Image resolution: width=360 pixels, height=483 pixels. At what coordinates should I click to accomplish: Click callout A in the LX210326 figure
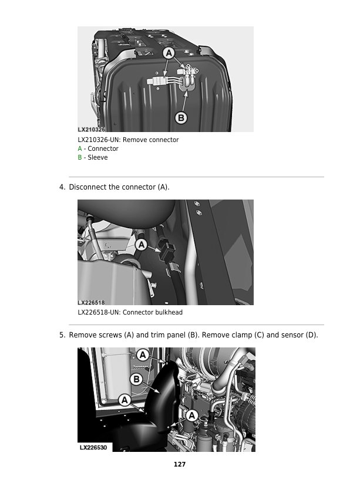[169, 53]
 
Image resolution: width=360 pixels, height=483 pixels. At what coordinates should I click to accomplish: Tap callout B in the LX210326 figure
[181, 118]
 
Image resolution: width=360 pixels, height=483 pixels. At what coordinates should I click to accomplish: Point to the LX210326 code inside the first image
[91, 129]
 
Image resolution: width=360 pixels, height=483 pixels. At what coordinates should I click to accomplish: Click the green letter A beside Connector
[80, 149]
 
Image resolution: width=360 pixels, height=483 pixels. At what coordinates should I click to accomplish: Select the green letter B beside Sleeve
[80, 158]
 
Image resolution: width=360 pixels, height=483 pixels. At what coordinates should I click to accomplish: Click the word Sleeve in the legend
[97, 158]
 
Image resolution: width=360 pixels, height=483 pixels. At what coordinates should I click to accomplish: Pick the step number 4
[62, 187]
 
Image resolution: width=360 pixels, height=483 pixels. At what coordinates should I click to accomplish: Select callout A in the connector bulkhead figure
[141, 244]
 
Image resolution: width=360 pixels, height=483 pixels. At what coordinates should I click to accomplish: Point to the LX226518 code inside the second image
[91, 302]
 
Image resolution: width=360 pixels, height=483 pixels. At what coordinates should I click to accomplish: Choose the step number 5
[62, 336]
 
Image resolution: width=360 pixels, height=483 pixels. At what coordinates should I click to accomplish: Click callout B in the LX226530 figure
[136, 379]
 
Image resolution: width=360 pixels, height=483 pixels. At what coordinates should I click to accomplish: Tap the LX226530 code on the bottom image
[93, 447]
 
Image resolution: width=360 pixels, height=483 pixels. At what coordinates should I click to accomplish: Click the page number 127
[180, 465]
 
